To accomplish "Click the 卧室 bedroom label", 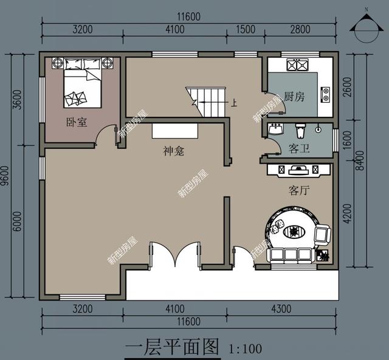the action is [77, 122].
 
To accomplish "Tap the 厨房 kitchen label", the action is [294, 96].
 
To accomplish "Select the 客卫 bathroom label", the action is [299, 149].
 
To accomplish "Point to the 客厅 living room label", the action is [299, 190].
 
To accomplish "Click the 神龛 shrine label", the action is [174, 151].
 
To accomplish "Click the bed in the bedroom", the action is [83, 83].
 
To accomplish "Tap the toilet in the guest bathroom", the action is [300, 131].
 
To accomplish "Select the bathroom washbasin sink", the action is [275, 129].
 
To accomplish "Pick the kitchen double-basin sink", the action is [297, 64].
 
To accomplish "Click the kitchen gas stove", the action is [325, 95].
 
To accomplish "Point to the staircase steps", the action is [205, 102].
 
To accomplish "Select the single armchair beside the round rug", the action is [322, 234].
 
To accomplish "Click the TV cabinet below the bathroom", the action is [298, 170].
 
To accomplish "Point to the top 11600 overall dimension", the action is [189, 16].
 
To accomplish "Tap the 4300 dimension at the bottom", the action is [281, 309].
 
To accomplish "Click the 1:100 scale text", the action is [246, 348].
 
